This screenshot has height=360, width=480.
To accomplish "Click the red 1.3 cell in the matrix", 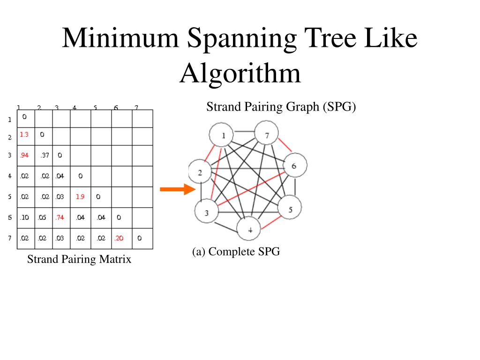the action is [24, 135].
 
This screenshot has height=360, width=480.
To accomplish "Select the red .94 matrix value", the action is [24, 155].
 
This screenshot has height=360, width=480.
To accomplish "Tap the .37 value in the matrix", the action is [44, 155].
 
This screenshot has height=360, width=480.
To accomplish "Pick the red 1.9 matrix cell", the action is [80, 197].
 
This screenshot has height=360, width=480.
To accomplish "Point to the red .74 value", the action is [60, 217].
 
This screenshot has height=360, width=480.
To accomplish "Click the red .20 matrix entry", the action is [119, 238].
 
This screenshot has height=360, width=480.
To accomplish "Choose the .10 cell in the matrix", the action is [24, 217].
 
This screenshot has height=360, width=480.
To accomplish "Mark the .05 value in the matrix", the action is [42, 217].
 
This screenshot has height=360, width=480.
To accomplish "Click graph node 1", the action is [224, 136].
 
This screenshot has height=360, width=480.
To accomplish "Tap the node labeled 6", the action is [294, 165].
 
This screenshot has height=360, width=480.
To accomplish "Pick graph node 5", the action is [290, 209].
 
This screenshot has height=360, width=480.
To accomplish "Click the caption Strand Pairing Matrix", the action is [79, 259].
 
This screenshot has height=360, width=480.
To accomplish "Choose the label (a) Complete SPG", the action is [236, 252].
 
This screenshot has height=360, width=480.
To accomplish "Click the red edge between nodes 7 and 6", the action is [285, 146].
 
